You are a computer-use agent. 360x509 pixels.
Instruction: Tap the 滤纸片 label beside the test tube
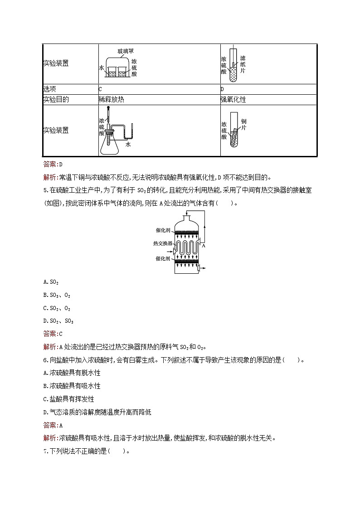[x=243, y=64]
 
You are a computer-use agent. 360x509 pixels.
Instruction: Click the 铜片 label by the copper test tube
[x=244, y=124]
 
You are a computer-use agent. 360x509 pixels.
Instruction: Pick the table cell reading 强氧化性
[x=233, y=100]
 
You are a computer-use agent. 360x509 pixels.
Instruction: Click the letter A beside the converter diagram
[x=204, y=247]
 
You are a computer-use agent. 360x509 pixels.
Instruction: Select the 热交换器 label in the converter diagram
[x=163, y=243]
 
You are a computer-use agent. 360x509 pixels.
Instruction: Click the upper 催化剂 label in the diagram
[x=163, y=231]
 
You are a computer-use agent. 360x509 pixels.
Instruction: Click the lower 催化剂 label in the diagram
[x=163, y=258]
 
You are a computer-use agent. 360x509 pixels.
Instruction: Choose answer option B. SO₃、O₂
[x=57, y=295]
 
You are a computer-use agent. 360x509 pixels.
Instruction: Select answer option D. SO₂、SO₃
[x=58, y=321]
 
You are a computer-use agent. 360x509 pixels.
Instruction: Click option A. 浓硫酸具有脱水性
[x=72, y=373]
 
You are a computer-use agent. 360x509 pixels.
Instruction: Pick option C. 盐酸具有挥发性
[x=68, y=399]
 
